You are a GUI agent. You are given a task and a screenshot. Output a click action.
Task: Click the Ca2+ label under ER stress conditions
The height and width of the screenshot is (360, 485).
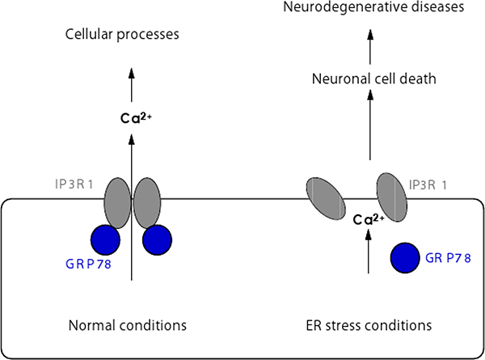tap(369, 219)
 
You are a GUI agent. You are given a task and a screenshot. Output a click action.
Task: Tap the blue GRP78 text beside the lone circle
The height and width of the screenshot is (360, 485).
tap(445, 258)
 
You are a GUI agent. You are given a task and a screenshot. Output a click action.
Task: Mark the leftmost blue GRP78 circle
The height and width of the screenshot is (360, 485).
tap(104, 240)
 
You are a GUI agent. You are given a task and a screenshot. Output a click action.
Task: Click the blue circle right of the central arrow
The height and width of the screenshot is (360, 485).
tap(158, 240)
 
